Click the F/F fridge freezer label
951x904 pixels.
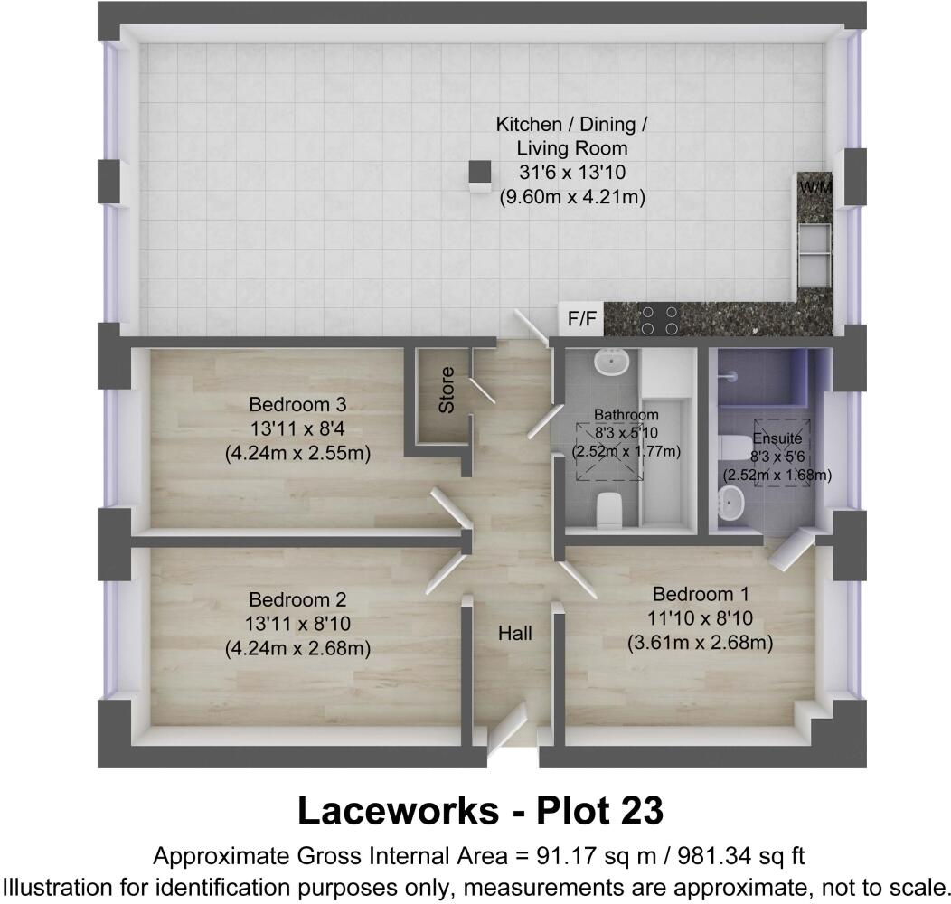point(581,318)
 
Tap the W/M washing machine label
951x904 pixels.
point(815,187)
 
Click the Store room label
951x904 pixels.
point(447,391)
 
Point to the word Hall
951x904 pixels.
point(514,635)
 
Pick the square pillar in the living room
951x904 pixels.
point(479,174)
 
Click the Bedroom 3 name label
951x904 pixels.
point(298,403)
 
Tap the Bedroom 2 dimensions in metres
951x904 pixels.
point(298,647)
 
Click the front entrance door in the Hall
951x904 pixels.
point(506,728)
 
